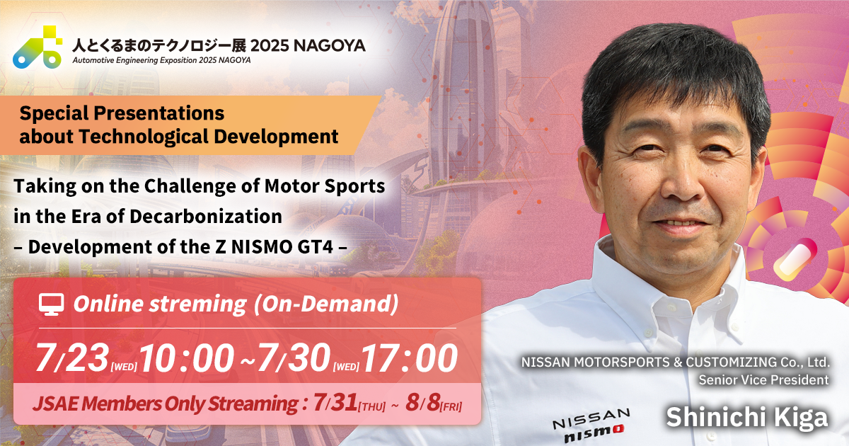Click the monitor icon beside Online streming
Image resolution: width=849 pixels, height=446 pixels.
point(50,304)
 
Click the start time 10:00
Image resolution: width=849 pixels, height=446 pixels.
point(187,359)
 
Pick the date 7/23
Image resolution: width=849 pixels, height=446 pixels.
point(70,359)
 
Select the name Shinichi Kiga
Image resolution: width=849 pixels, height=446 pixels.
point(746,417)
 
